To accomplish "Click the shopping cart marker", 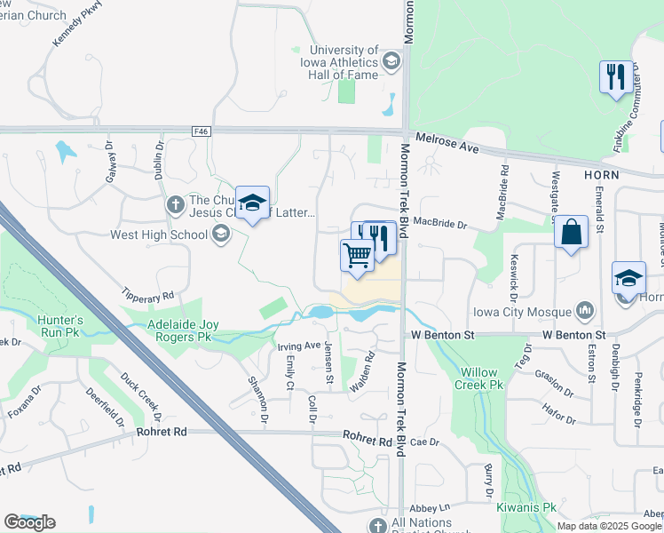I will pos(357,255).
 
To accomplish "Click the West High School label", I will pos(158,235).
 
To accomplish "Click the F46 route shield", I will pos(201,131).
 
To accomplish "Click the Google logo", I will pos(29,522).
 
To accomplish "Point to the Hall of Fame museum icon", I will pos(391,61).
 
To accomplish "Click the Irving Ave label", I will pos(298,345).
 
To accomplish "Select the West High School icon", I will pos(220,235).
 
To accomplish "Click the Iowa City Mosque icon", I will pos(584,311).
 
